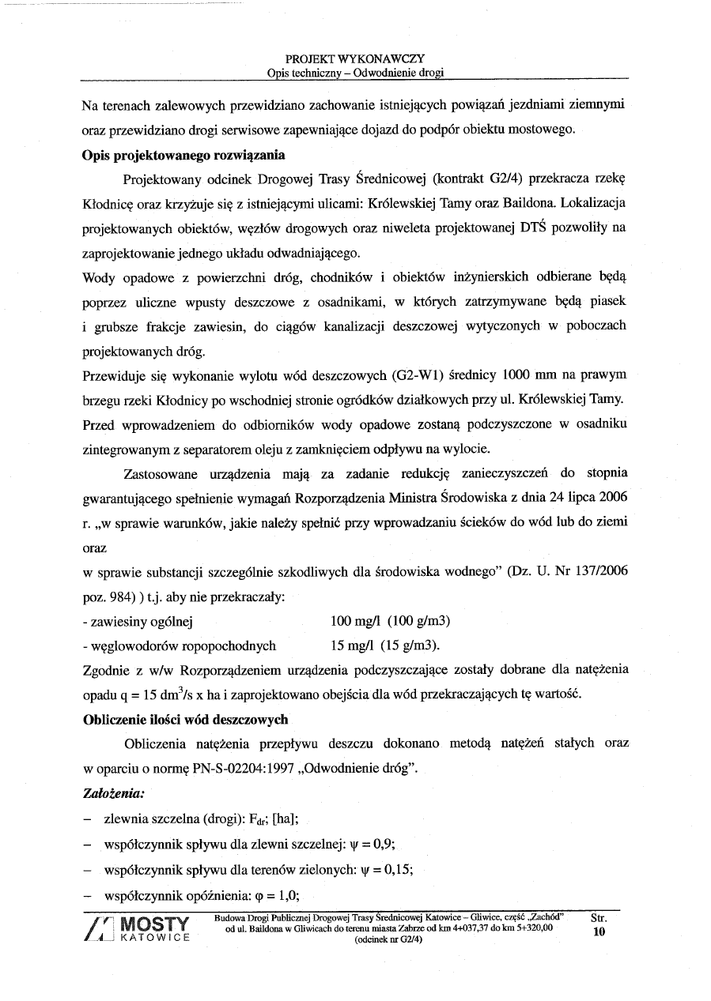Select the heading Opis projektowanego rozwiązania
click(x=183, y=154)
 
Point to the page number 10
click(x=598, y=932)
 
